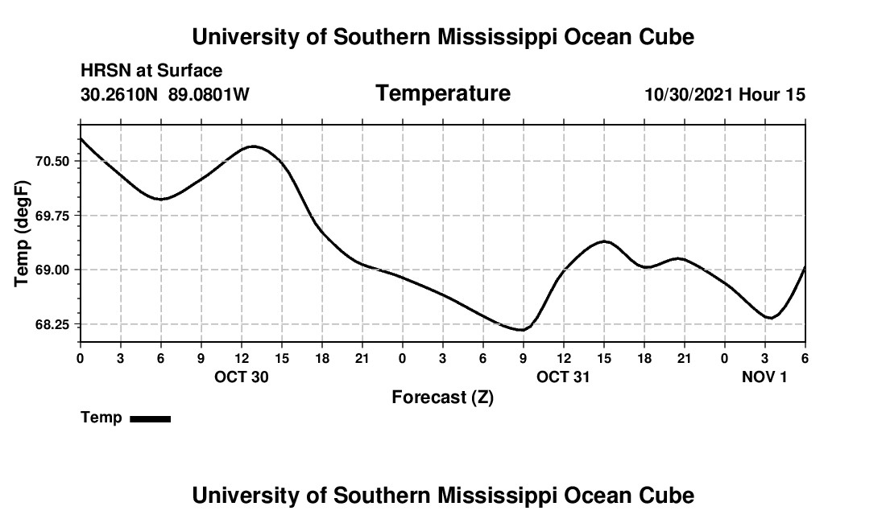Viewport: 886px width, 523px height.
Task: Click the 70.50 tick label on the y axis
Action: [x=54, y=161]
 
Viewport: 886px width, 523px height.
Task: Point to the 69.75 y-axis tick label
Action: [x=54, y=216]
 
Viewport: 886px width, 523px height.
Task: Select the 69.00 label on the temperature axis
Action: [x=54, y=270]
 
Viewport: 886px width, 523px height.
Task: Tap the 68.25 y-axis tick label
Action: [x=54, y=324]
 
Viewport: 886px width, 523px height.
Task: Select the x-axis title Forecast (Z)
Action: [x=442, y=397]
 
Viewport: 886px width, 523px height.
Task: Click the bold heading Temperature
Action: [x=443, y=93]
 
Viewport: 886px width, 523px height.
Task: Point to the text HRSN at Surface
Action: [x=151, y=72]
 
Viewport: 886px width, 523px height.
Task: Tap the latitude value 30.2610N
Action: [x=120, y=95]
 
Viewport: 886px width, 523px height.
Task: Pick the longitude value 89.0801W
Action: [x=209, y=95]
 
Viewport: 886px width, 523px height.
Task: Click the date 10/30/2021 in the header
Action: [x=689, y=95]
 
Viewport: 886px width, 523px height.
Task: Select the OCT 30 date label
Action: [x=242, y=377]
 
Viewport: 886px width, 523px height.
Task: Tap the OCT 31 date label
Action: [x=564, y=377]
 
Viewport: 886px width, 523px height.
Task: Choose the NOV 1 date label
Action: [x=764, y=377]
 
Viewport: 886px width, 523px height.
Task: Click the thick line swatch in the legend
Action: [x=150, y=418]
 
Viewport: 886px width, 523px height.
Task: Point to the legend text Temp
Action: [x=101, y=418]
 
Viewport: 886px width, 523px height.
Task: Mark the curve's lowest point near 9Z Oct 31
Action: [x=522, y=330]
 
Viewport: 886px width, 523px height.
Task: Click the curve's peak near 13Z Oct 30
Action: [x=254, y=146]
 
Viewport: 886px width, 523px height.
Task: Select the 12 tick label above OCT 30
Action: [x=242, y=358]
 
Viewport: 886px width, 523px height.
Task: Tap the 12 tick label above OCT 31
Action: [x=564, y=358]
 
